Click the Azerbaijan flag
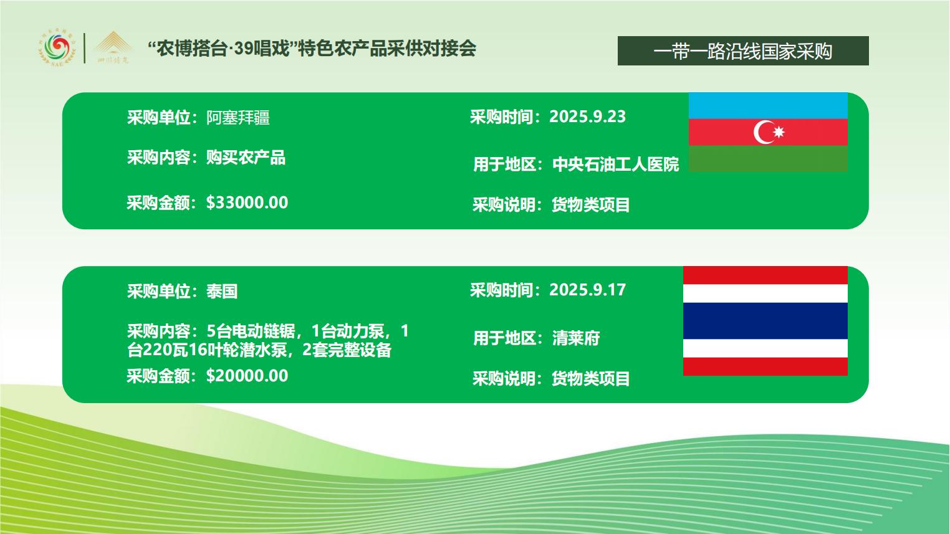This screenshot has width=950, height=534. [x=768, y=132]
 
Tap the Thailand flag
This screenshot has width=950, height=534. [x=765, y=321]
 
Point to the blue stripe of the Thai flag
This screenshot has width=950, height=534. [x=765, y=321]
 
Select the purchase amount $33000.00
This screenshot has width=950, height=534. [x=247, y=203]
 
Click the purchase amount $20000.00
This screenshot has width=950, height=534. [x=247, y=376]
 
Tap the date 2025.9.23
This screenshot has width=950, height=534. [x=587, y=117]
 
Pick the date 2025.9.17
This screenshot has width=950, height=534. [x=587, y=290]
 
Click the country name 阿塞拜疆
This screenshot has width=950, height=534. [x=238, y=117]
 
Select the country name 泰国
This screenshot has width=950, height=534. [x=222, y=291]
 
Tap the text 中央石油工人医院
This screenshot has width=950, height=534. [x=615, y=164]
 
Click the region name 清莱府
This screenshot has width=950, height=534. [x=576, y=338]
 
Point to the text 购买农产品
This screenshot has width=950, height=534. [x=246, y=158]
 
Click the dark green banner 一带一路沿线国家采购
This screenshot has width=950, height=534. [x=743, y=51]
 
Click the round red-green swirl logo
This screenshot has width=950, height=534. [x=57, y=49]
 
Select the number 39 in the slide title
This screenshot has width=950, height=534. [x=244, y=49]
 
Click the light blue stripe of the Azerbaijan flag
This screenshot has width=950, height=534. [x=768, y=105]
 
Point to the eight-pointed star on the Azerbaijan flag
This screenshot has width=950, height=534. [x=779, y=132]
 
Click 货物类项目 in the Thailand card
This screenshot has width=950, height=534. [x=590, y=378]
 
